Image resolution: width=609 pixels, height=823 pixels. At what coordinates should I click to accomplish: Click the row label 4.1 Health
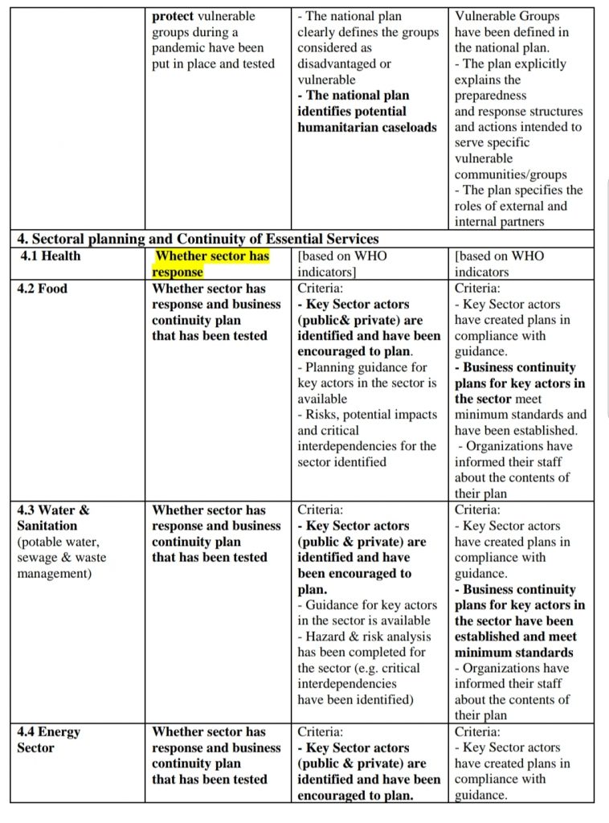[50, 256]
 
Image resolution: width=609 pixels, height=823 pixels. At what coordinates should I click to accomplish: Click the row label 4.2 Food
[42, 289]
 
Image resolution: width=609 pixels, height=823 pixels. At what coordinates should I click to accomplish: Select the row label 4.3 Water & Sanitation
[53, 518]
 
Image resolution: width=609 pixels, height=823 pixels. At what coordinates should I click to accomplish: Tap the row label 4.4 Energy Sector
[49, 739]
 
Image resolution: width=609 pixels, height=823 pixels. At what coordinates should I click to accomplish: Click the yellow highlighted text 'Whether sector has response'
[211, 264]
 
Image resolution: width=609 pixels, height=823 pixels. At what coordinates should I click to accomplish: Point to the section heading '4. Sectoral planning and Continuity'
[198, 239]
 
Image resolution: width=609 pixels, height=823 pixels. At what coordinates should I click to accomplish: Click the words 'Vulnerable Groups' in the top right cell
[507, 16]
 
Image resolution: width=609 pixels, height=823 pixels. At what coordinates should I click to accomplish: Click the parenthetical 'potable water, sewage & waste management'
[61, 557]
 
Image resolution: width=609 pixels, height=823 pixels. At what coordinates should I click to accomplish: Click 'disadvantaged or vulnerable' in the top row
[344, 72]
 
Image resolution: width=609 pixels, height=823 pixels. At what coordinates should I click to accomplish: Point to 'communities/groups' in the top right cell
[510, 174]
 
